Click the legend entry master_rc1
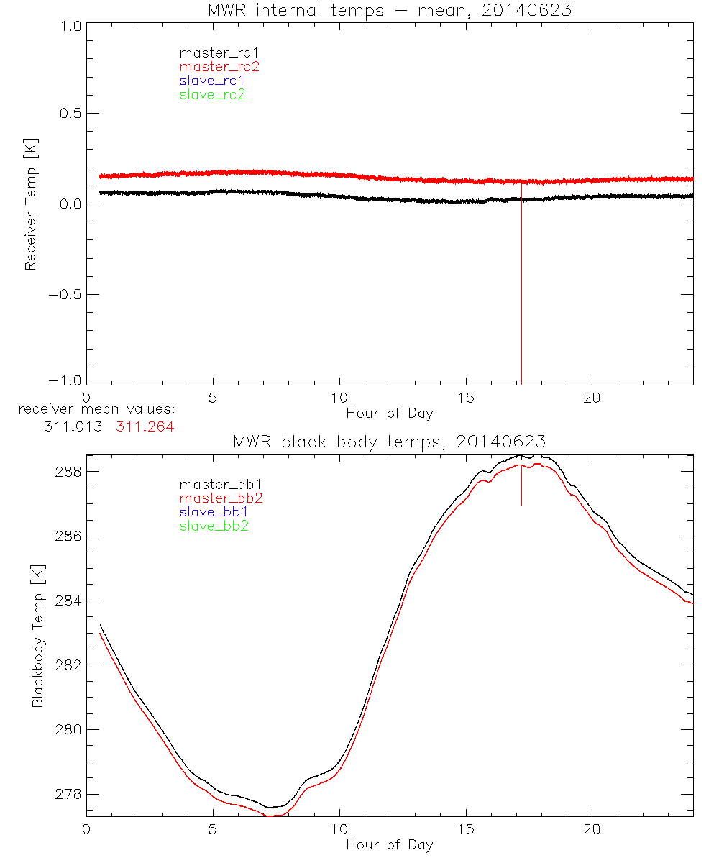pyautogui.click(x=212, y=52)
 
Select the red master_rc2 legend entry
pyautogui.click(x=219, y=66)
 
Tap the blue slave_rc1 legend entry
pyautogui.click(x=212, y=81)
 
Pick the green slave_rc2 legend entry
pyautogui.click(x=212, y=94)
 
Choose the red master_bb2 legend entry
pyautogui.click(x=221, y=498)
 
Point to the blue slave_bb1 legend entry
pyautogui.click(x=215, y=512)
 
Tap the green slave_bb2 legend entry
pyautogui.click(x=215, y=526)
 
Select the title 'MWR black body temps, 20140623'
pyautogui.click(x=389, y=441)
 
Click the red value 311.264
pyautogui.click(x=145, y=426)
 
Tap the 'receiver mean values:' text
pyautogui.click(x=96, y=409)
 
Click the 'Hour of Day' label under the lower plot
pyautogui.click(x=389, y=844)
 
